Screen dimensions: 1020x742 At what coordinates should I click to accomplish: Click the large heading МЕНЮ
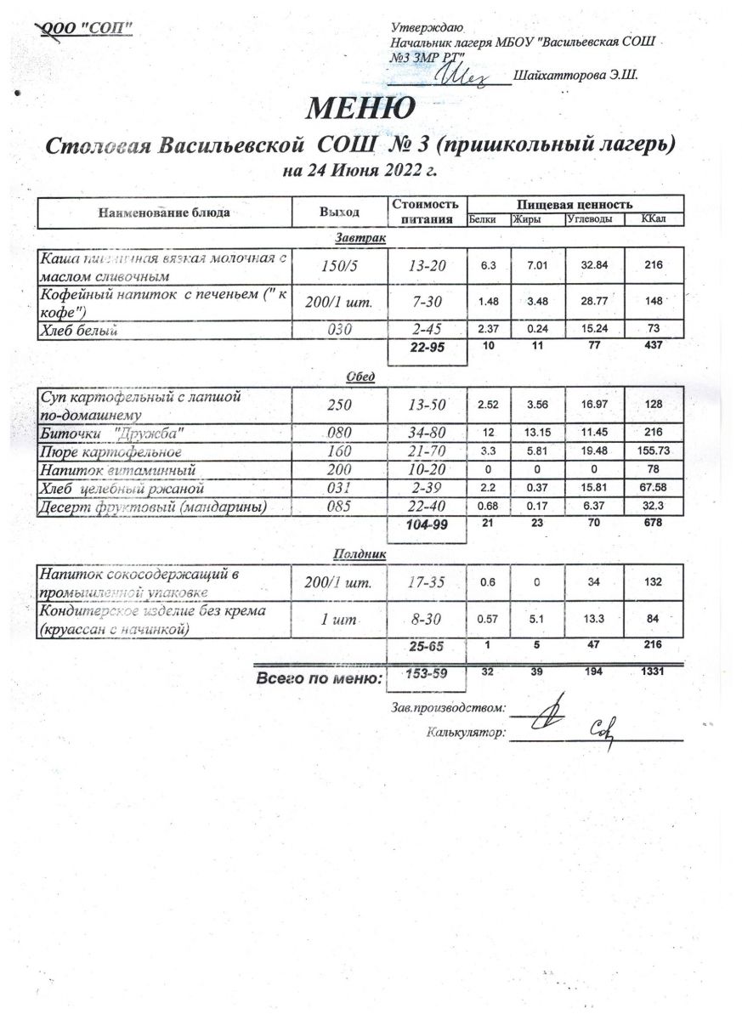(x=360, y=108)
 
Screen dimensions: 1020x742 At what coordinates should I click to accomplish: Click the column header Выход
(x=338, y=212)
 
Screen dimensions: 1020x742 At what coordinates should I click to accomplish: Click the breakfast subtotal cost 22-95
(x=426, y=348)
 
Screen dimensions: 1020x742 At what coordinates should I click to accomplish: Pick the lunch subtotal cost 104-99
(x=426, y=524)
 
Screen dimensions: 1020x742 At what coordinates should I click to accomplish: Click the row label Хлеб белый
(x=79, y=330)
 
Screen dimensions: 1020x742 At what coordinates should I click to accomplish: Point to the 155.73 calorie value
(x=654, y=450)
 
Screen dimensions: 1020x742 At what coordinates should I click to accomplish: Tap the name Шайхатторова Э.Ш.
(x=575, y=76)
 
